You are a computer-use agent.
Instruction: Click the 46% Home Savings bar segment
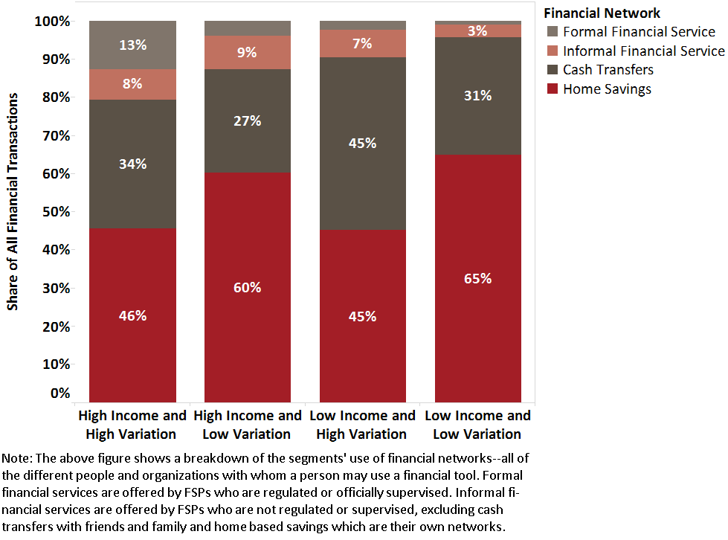pyautogui.click(x=132, y=315)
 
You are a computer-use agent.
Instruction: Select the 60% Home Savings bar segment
pyautogui.click(x=248, y=287)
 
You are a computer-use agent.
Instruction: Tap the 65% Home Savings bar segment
pyautogui.click(x=478, y=278)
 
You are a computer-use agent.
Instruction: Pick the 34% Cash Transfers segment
pyautogui.click(x=132, y=164)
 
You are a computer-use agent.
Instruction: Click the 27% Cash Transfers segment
pyautogui.click(x=248, y=120)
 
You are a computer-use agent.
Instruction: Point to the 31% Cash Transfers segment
pyautogui.click(x=478, y=95)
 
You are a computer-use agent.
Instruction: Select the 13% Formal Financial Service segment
pyautogui.click(x=132, y=45)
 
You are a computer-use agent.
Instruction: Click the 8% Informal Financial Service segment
pyautogui.click(x=132, y=84)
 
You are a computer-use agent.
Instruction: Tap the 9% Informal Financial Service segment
pyautogui.click(x=248, y=52)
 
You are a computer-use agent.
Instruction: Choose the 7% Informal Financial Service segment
pyautogui.click(x=363, y=43)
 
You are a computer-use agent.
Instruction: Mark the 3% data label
pyautogui.click(x=478, y=30)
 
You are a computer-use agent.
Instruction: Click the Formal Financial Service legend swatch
pyautogui.click(x=551, y=32)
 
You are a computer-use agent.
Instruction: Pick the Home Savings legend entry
pyautogui.click(x=607, y=89)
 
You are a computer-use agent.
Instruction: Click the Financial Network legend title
pyautogui.click(x=602, y=13)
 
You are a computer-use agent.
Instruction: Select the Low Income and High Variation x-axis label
pyautogui.click(x=363, y=425)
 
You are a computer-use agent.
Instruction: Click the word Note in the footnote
pyautogui.click(x=17, y=457)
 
